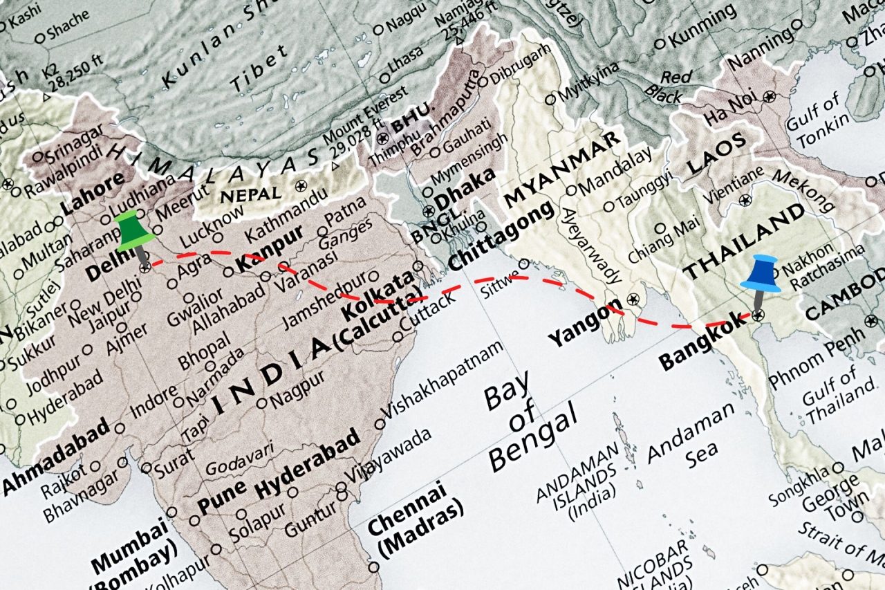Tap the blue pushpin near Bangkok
pos(761,274)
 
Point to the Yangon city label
pos(583,325)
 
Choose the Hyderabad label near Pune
pos(307,464)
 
